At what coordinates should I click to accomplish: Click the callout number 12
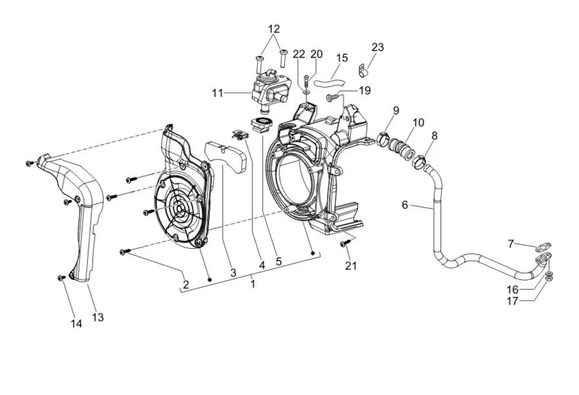point(274,29)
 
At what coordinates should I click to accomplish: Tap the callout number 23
point(378,47)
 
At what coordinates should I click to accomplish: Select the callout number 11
point(217,93)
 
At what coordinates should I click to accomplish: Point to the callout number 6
point(405,205)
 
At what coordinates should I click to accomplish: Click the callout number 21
point(351,265)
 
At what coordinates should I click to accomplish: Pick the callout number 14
point(76,324)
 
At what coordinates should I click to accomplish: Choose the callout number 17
point(513,301)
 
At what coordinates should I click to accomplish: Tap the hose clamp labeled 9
point(384,139)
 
